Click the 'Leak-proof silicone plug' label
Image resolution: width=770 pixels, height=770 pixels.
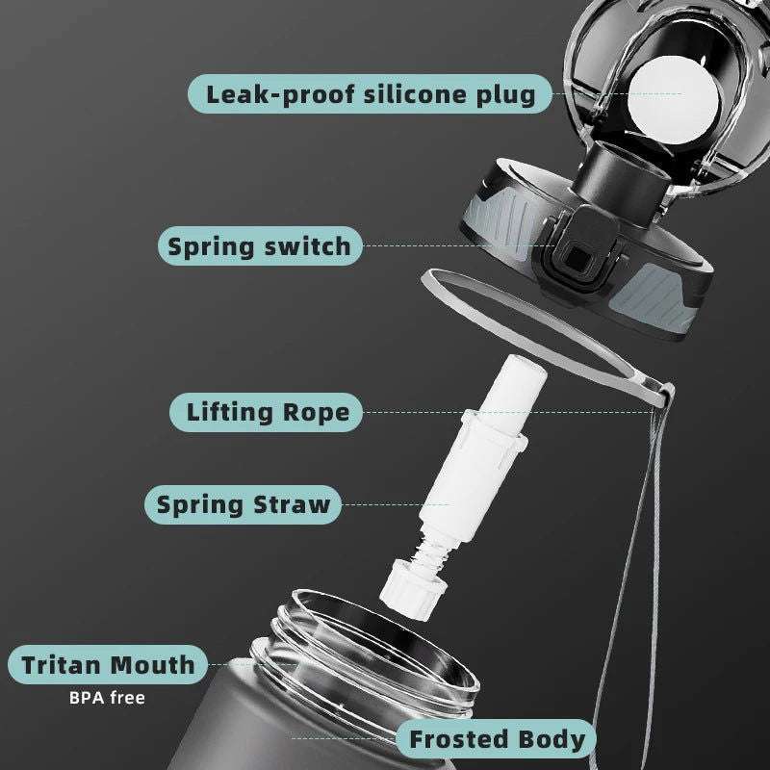click(x=370, y=93)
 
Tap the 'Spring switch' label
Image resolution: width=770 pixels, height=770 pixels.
click(x=260, y=246)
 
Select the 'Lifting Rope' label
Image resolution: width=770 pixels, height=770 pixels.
click(x=266, y=412)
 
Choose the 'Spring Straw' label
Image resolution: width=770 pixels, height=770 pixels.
click(x=243, y=504)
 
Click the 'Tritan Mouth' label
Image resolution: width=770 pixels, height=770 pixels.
click(x=108, y=665)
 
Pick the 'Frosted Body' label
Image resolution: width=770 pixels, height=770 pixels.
click(x=496, y=739)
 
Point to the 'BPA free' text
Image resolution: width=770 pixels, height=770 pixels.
click(x=107, y=698)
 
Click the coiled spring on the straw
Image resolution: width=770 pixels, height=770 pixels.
click(x=431, y=552)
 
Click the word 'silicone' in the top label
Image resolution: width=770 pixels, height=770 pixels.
click(x=414, y=93)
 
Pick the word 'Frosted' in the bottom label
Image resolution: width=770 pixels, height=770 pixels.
click(x=458, y=739)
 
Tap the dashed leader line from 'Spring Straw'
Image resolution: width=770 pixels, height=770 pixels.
click(x=396, y=504)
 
